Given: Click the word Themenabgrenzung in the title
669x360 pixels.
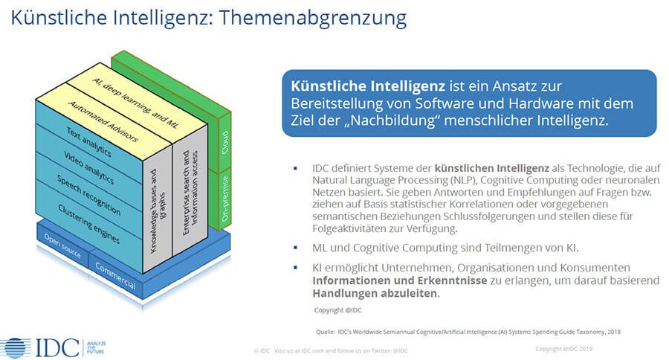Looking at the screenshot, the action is click(x=313, y=18).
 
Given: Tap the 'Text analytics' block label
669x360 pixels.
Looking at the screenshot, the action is click(x=88, y=142).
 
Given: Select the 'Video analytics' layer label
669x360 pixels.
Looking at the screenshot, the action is click(x=88, y=167).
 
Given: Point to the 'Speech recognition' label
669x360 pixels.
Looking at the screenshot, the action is click(x=88, y=195).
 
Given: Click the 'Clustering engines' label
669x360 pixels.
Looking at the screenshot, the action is click(x=88, y=224).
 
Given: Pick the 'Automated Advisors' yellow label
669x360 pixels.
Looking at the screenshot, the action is click(x=103, y=121).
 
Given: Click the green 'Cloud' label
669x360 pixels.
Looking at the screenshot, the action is click(x=224, y=142).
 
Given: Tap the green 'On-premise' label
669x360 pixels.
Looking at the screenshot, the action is click(x=224, y=198).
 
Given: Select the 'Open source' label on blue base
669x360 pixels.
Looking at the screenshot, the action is click(x=62, y=246).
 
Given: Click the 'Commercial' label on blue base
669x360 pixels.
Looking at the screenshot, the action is click(x=115, y=276).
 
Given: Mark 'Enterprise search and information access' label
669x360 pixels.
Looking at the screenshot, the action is click(x=190, y=192).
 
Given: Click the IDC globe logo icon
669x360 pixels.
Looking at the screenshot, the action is click(x=16, y=348).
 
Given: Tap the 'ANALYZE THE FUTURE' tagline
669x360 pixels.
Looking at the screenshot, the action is click(x=96, y=347).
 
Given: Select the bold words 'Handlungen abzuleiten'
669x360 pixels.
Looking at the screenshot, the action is click(x=375, y=293).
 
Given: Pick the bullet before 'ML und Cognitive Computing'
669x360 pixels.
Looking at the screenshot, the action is click(x=295, y=248).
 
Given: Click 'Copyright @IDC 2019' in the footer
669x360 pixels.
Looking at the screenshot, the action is click(x=563, y=349).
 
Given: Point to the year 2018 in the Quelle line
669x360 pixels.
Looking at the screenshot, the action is click(x=614, y=332).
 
